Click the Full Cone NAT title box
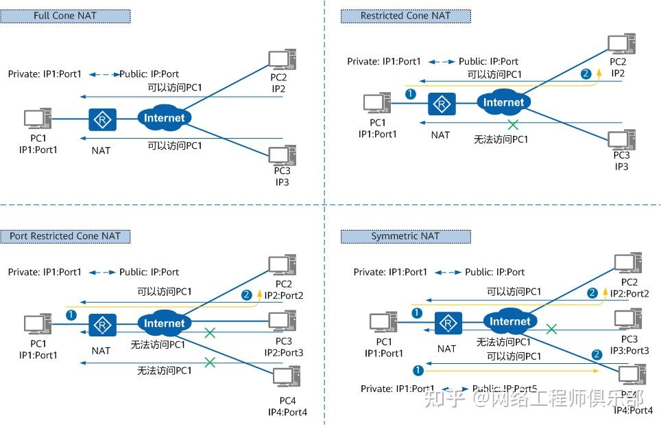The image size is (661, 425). pyautogui.click(x=65, y=15)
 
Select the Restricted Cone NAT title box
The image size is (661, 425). pyautogui.click(x=406, y=15)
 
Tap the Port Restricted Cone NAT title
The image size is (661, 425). pyautogui.click(x=65, y=236)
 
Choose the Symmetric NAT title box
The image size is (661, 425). pyautogui.click(x=406, y=236)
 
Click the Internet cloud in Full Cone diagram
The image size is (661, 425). pyautogui.click(x=165, y=117)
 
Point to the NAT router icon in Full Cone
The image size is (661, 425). pyautogui.click(x=103, y=119)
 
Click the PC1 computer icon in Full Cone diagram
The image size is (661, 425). pyautogui.click(x=38, y=118)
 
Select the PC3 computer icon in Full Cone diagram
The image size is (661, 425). pyautogui.click(x=282, y=154)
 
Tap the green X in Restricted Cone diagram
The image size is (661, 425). pyautogui.click(x=512, y=124)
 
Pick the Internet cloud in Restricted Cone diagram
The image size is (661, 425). pyautogui.click(x=504, y=103)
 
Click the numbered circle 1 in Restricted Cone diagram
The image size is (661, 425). pyautogui.click(x=410, y=94)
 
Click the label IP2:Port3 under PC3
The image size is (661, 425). pyautogui.click(x=283, y=352)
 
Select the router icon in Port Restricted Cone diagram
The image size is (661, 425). pyautogui.click(x=103, y=325)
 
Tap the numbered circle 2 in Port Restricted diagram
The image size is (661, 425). pyautogui.click(x=247, y=295)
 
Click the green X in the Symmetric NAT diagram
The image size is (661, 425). pyautogui.click(x=551, y=330)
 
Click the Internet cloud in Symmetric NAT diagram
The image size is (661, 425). pyautogui.click(x=510, y=321)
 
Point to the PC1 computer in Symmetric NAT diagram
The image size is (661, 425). pyautogui.click(x=383, y=321)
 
